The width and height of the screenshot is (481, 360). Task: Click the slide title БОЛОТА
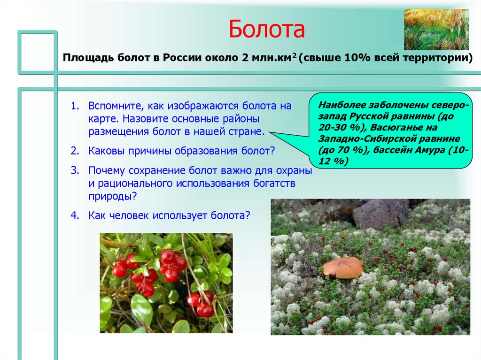[267, 29]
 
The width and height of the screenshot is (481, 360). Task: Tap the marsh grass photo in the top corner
[436, 29]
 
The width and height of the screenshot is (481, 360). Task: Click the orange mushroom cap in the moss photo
[343, 267]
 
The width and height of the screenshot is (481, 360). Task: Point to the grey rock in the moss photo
[380, 214]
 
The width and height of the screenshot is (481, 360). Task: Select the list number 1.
[74, 106]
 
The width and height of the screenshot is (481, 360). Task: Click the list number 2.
[74, 151]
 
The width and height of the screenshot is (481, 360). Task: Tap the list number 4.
[74, 216]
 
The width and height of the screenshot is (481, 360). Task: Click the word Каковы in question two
[103, 151]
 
